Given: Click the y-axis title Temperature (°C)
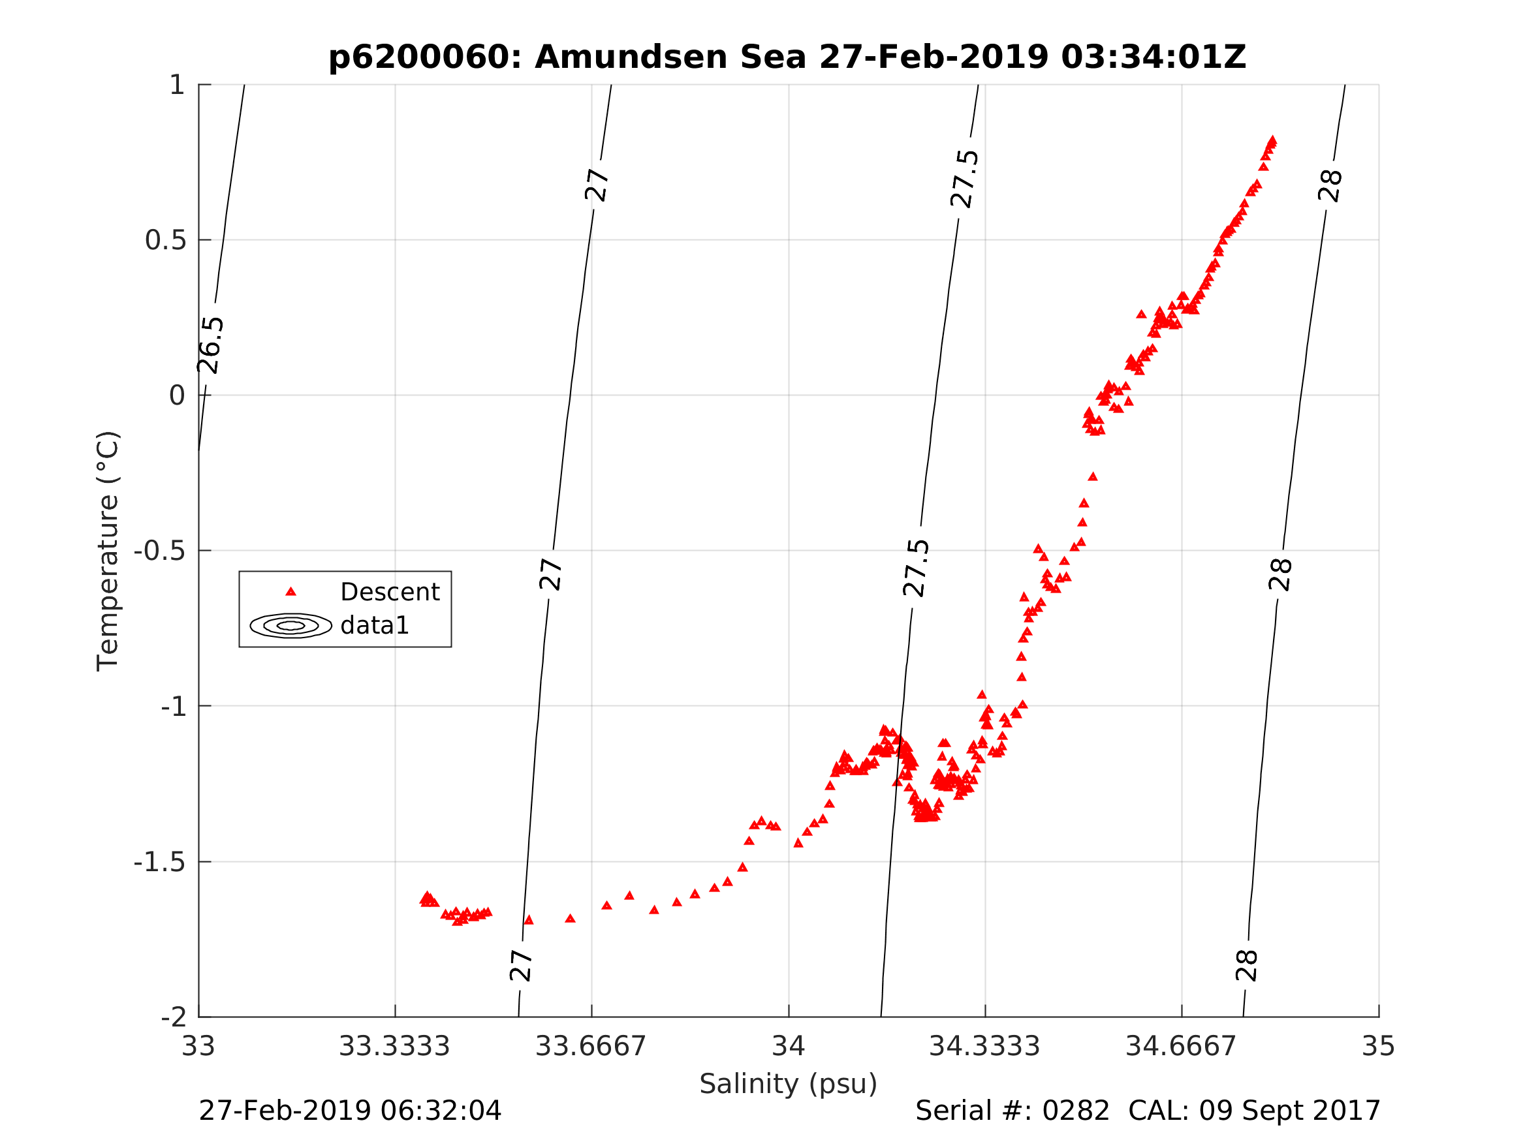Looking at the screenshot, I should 108,551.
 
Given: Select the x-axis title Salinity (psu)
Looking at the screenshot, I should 789,1084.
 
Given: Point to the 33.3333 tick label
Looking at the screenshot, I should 394,1047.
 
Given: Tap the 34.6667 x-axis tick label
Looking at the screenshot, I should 1181,1047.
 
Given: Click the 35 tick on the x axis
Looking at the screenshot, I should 1379,1047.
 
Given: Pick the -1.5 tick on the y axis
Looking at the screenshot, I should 160,863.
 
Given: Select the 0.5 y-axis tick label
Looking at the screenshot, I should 165,240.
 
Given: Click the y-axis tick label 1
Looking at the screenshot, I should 177,85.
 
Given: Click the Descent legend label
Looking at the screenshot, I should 390,592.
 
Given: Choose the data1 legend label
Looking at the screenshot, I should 375,626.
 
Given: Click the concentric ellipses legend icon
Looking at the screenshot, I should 290,626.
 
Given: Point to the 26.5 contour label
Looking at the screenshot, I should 211,345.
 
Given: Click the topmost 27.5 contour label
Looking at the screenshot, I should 965,179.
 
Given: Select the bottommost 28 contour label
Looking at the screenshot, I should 1247,966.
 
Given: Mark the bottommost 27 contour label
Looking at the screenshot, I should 521,966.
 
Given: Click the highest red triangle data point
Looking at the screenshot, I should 1272,140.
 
